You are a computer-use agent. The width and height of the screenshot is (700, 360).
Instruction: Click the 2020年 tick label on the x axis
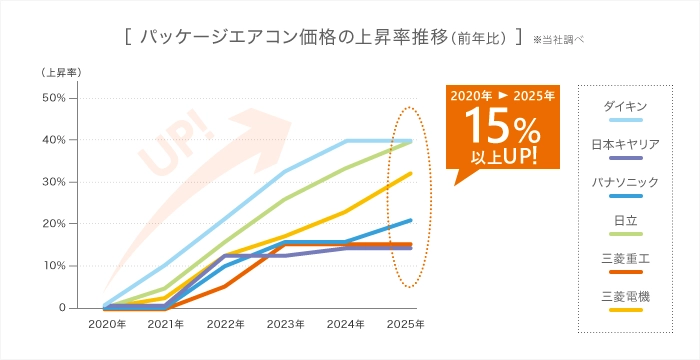point(107,324)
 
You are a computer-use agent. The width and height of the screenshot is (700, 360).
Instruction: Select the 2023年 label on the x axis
point(286,324)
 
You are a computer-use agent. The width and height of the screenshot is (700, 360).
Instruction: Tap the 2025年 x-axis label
point(406,324)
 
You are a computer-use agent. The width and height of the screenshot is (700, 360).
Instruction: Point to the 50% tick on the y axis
point(52,98)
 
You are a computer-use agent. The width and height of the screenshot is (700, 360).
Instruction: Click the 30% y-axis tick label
point(52,182)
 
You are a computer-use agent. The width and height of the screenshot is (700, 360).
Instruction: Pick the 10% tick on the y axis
point(52,266)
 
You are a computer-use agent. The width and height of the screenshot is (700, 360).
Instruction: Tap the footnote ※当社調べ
point(559,41)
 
